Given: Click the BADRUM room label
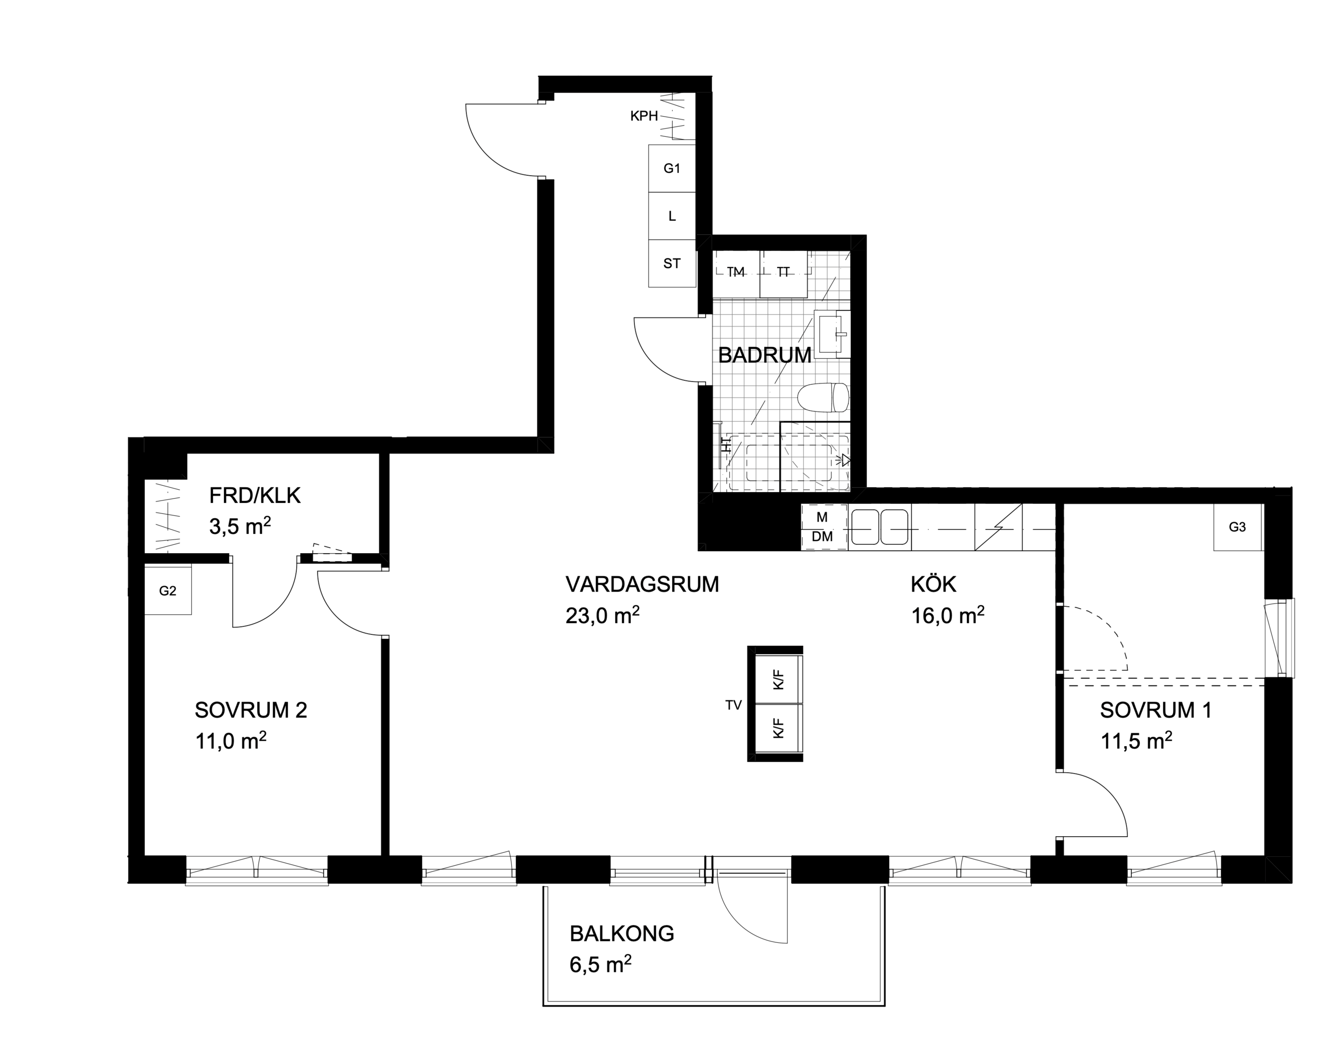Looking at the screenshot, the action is tap(764, 355).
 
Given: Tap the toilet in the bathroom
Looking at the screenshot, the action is tap(823, 398).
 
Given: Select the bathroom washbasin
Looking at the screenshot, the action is tap(834, 334).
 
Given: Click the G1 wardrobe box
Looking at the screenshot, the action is tap(672, 168).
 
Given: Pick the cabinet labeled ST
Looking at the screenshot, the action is tap(672, 263).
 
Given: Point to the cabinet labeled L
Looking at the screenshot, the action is tap(672, 216).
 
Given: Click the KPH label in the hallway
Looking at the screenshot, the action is tap(644, 116).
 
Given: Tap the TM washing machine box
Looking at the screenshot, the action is tap(736, 273).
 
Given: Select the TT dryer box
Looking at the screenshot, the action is tap(783, 273).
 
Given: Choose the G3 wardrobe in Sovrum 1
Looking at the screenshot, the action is tap(1238, 527).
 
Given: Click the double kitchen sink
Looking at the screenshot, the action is tap(879, 528).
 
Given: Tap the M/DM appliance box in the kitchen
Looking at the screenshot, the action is tap(823, 527).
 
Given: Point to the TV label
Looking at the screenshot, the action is tap(733, 705).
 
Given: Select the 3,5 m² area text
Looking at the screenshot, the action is tap(240, 526).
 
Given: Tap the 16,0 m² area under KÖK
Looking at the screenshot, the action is tap(947, 615).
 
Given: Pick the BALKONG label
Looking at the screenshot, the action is tap(622, 934).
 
